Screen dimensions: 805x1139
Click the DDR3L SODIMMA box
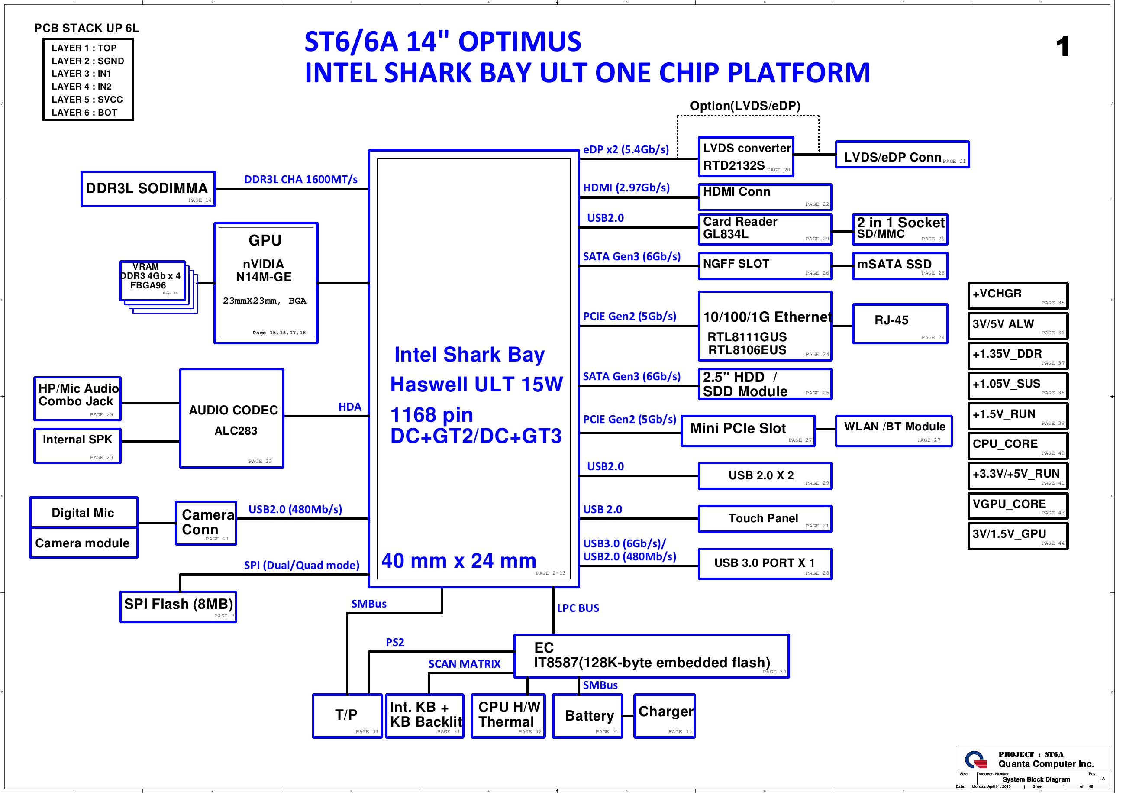click(x=148, y=189)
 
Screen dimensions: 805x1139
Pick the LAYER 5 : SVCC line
click(x=87, y=100)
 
